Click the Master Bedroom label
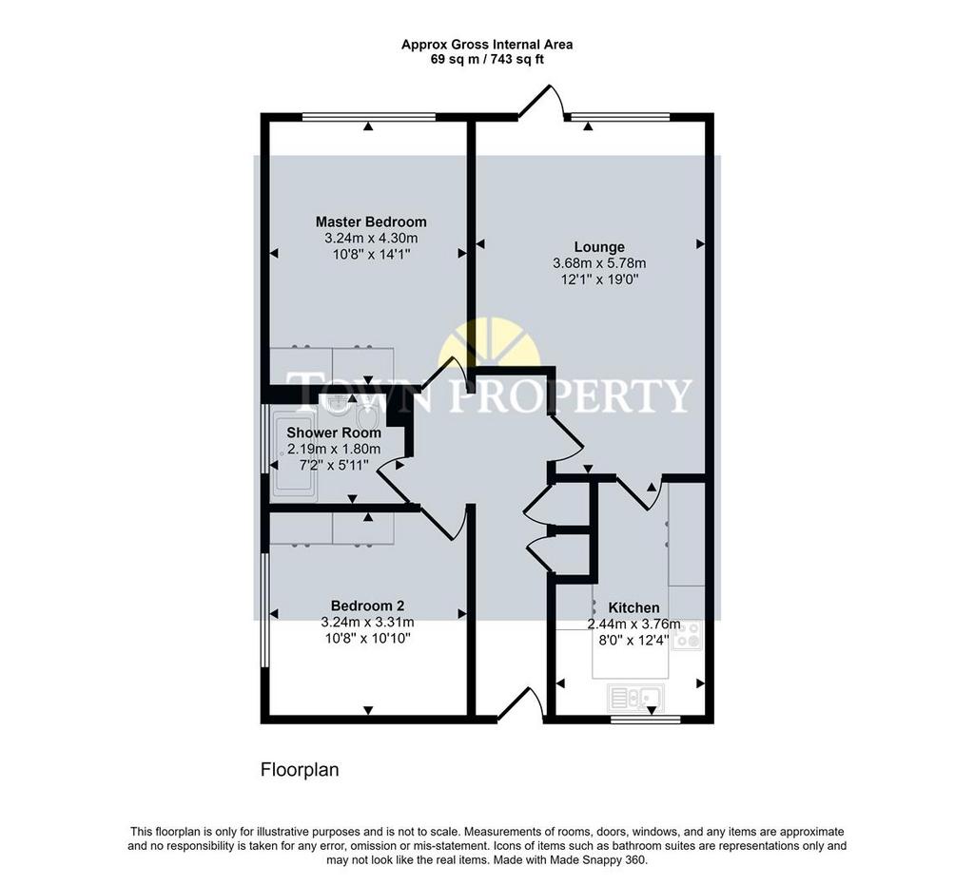[371, 221]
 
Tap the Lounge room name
[599, 247]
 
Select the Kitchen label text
[633, 607]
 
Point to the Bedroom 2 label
[368, 606]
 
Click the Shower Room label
[334, 433]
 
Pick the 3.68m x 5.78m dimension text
[599, 263]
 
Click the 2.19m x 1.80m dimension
[334, 449]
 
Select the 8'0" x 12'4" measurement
[633, 640]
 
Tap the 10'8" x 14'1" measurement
[371, 254]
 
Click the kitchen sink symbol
[635, 697]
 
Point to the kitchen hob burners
[688, 634]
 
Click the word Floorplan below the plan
[300, 770]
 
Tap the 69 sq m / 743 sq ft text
[487, 60]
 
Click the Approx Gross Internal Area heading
[487, 45]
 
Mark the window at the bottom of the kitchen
[646, 720]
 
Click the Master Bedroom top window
[369, 116]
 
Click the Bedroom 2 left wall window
[264, 610]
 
